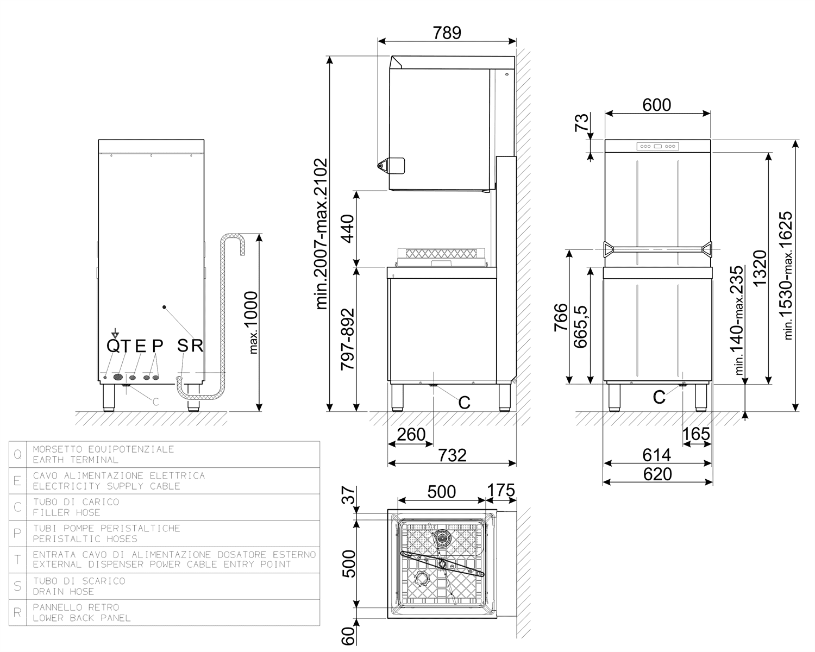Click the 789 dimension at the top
click(x=447, y=33)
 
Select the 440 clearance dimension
click(x=347, y=228)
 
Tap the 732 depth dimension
click(x=452, y=455)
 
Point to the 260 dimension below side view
click(x=411, y=435)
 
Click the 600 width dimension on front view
click(x=657, y=105)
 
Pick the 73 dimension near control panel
click(x=582, y=122)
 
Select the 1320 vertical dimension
click(x=760, y=268)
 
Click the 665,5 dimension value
click(x=580, y=327)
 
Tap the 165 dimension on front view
click(x=696, y=434)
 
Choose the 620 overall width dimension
click(x=657, y=474)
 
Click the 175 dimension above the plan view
click(x=500, y=490)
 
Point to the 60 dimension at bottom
click(x=348, y=636)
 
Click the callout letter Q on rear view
click(x=113, y=346)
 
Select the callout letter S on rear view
click(x=183, y=346)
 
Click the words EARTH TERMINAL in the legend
click(x=76, y=460)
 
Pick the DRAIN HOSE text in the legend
click(x=63, y=592)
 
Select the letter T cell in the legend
click(x=18, y=560)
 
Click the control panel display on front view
click(x=657, y=146)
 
